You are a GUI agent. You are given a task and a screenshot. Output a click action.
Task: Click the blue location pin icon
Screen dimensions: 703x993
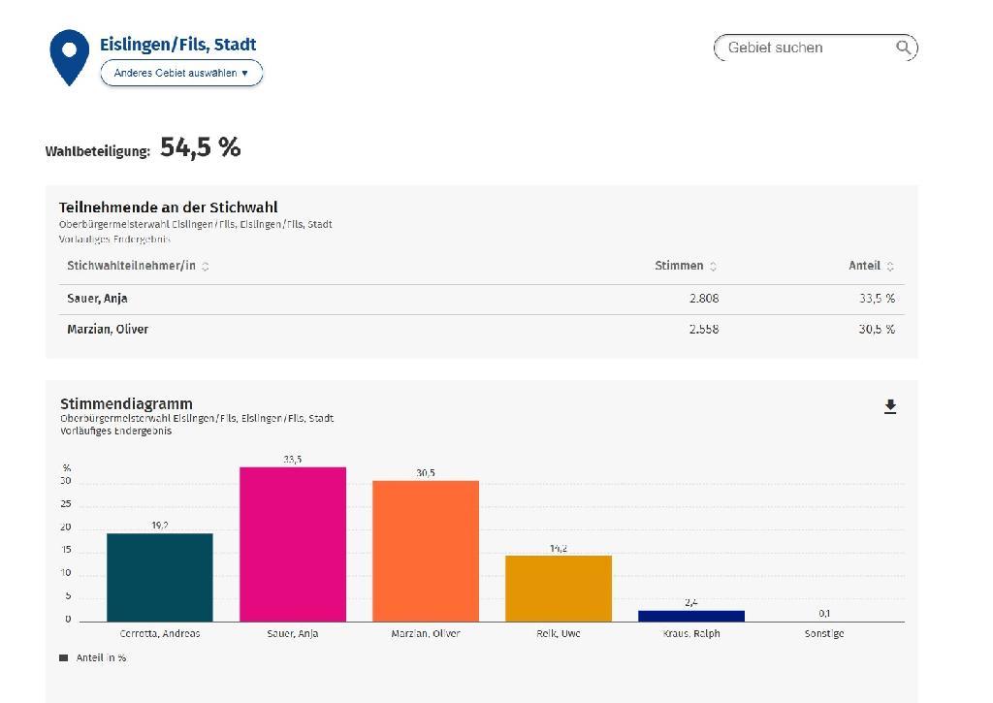[x=69, y=53]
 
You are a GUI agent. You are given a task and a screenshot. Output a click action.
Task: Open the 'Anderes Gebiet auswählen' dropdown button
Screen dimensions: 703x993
[x=181, y=73]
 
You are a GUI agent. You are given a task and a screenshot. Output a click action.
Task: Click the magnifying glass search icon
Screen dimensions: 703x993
[x=903, y=48]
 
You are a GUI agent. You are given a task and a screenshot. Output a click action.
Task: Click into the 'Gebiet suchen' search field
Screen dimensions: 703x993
[x=805, y=48]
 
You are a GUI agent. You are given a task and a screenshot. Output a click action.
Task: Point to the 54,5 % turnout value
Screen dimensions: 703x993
[x=200, y=147]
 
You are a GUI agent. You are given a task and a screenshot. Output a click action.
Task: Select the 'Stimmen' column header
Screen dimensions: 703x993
[x=679, y=266]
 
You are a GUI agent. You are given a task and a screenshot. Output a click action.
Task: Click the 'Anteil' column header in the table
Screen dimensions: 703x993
[x=864, y=266]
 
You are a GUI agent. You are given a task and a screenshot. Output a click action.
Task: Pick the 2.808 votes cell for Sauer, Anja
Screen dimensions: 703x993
[x=704, y=299]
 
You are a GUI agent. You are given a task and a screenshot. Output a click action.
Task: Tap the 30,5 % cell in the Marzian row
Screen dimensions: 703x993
[x=877, y=329]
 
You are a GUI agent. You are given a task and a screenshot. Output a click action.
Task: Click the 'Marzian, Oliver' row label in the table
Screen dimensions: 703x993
[x=108, y=329]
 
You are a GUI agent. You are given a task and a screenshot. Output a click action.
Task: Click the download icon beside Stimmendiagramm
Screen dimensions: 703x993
[x=890, y=407]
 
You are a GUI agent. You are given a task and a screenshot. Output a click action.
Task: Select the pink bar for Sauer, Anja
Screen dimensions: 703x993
[x=293, y=544]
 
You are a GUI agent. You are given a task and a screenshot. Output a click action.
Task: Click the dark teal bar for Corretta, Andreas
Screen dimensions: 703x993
[x=160, y=577]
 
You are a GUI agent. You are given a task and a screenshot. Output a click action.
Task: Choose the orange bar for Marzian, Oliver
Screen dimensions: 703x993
[x=426, y=551]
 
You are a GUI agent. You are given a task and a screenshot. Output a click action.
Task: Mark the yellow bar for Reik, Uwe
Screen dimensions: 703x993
[x=559, y=589]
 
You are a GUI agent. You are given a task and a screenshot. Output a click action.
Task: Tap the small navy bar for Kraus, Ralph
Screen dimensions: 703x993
[x=691, y=616]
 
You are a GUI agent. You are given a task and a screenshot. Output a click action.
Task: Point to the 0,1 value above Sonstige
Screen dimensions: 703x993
[x=824, y=613]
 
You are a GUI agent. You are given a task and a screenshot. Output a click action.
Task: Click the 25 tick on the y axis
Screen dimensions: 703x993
[x=66, y=504]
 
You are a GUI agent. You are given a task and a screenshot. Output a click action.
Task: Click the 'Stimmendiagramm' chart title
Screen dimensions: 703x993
[x=126, y=403]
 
